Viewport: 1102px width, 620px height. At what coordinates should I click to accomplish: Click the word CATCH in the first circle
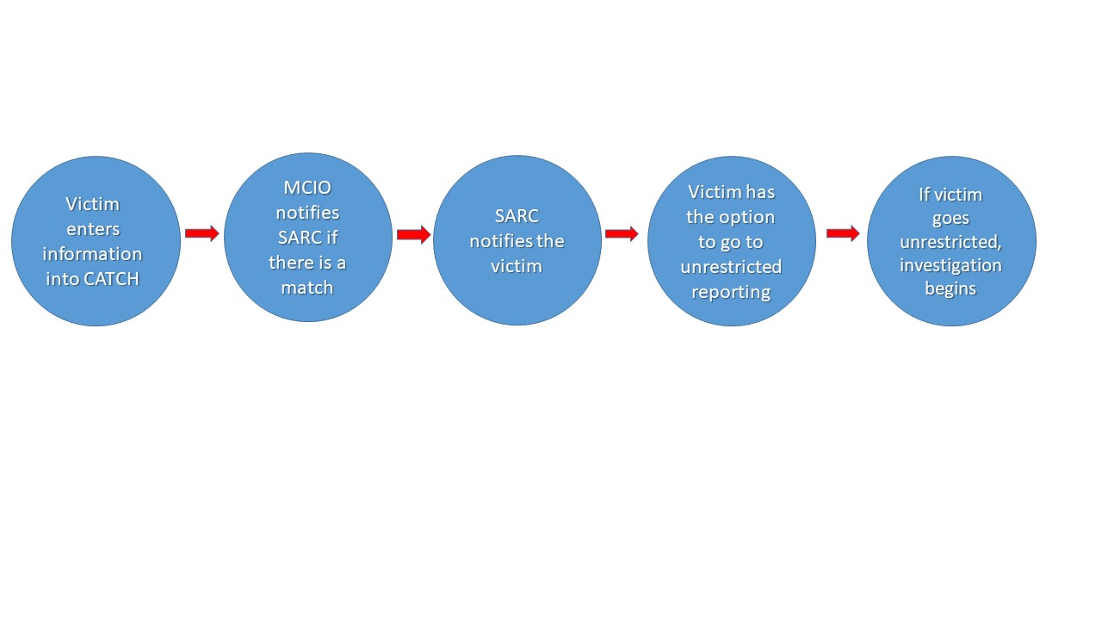pyautogui.click(x=115, y=279)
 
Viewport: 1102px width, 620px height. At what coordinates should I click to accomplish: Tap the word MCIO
pyautogui.click(x=307, y=187)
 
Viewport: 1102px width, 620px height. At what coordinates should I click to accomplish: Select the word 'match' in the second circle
pyautogui.click(x=307, y=288)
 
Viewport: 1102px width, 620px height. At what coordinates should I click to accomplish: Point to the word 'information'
pyautogui.click(x=92, y=254)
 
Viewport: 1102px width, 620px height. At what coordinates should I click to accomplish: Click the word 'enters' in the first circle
pyautogui.click(x=92, y=229)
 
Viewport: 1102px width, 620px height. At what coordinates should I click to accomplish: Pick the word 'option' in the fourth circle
pyautogui.click(x=747, y=217)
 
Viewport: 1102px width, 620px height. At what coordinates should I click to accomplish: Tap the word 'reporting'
pyautogui.click(x=731, y=292)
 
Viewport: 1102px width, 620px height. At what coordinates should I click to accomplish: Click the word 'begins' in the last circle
pyautogui.click(x=950, y=288)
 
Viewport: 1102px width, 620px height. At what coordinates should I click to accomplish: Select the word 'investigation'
pyautogui.click(x=950, y=264)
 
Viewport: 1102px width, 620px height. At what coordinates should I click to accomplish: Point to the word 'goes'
pyautogui.click(x=950, y=219)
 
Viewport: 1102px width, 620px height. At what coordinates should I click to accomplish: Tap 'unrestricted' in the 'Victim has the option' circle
pyautogui.click(x=731, y=267)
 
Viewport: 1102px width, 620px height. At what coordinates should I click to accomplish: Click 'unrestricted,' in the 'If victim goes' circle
pyautogui.click(x=950, y=242)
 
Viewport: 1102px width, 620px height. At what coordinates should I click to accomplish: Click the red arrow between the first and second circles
pyautogui.click(x=202, y=233)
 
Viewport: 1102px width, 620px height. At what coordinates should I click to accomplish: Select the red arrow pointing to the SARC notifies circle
pyautogui.click(x=413, y=234)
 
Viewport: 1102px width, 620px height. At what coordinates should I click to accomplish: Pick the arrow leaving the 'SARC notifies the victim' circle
pyautogui.click(x=622, y=233)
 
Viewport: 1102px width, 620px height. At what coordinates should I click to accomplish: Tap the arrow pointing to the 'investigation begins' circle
pyautogui.click(x=843, y=233)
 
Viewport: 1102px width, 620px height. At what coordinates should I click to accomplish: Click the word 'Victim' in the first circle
pyautogui.click(x=92, y=204)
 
